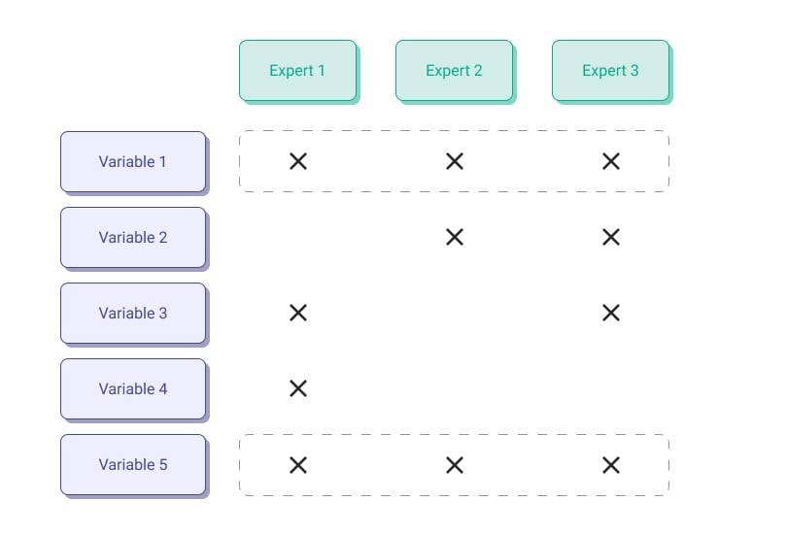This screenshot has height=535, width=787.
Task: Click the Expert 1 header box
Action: pos(298,71)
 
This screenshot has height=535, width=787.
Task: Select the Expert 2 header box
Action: pos(455,71)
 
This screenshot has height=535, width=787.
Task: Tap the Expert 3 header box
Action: pos(611,71)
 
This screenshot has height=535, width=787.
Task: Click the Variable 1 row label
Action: pos(133,162)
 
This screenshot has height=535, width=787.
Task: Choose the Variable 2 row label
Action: pos(133,238)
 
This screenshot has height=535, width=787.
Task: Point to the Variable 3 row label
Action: pos(133,314)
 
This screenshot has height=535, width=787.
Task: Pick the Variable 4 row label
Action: pos(133,389)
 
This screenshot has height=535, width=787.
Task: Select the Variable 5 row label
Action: pos(133,465)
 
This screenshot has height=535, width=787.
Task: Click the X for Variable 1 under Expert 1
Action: pos(298,161)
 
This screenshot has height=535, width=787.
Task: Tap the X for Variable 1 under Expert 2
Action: pos(455,161)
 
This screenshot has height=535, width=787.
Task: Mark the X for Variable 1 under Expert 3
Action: pos(611,161)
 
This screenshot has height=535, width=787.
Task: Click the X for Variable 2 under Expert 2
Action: pos(455,237)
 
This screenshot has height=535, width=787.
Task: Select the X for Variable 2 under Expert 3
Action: pos(611,237)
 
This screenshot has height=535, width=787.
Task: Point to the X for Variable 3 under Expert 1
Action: pos(298,313)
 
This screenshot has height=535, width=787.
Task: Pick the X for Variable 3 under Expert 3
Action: pos(611,313)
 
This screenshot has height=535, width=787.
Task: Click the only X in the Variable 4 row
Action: pos(298,388)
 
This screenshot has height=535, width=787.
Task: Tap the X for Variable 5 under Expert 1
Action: pos(298,465)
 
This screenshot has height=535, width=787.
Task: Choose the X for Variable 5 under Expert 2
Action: pos(455,465)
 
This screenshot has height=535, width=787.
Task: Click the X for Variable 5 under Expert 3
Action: pos(611,465)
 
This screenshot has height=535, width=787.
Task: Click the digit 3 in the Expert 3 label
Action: pos(634,70)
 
